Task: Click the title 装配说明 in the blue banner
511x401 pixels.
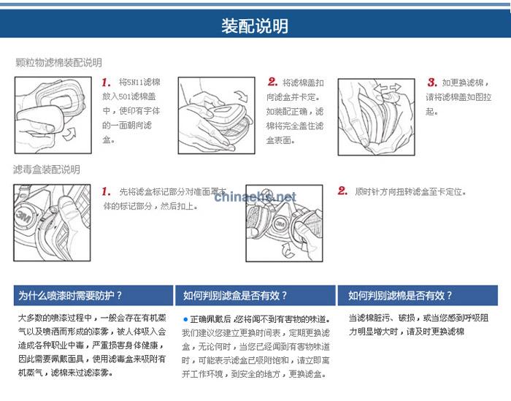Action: [x=255, y=26]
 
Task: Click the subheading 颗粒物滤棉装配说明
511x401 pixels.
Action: [x=59, y=63]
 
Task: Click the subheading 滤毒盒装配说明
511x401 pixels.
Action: [x=47, y=169]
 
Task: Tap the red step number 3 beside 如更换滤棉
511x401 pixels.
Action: [x=432, y=83]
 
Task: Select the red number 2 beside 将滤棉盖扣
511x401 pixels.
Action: [x=272, y=83]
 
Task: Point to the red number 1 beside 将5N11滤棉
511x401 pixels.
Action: [x=107, y=83]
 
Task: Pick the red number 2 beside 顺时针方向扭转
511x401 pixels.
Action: [x=342, y=191]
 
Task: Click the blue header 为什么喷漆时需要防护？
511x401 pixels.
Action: [x=70, y=296]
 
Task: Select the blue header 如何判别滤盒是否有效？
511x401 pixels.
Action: [x=235, y=296]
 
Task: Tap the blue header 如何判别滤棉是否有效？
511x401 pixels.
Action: [x=400, y=296]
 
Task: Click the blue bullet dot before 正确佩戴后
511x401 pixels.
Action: [x=185, y=319]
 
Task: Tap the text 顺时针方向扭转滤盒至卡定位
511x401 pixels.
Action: [x=410, y=192]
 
